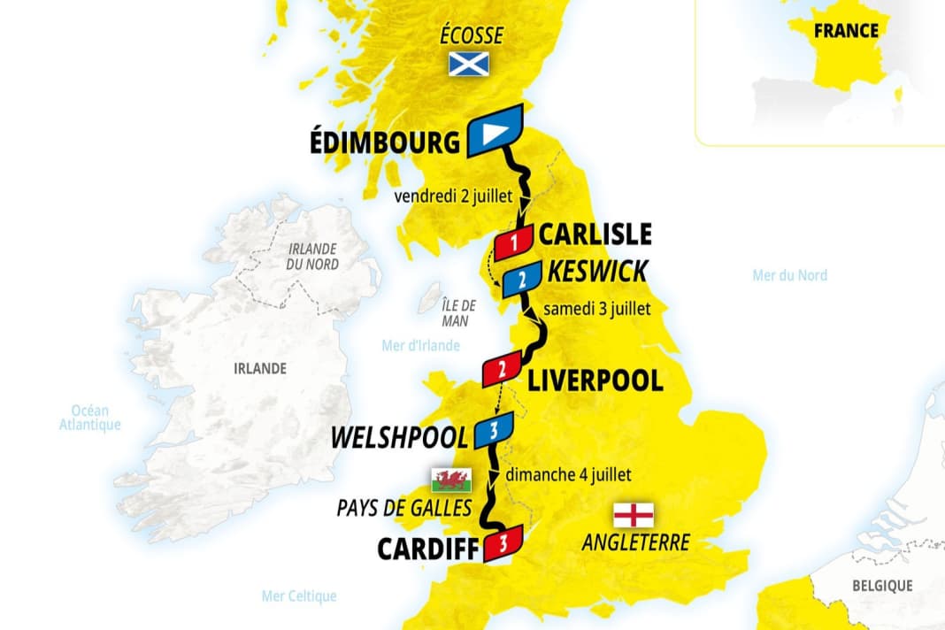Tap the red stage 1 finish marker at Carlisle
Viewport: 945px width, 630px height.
click(513, 242)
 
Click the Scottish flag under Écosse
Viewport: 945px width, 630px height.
click(469, 64)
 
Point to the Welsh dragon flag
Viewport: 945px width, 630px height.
click(451, 480)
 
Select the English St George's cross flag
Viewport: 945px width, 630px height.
click(634, 514)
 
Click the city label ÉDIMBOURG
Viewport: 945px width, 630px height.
click(385, 142)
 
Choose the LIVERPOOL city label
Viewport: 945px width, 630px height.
click(595, 380)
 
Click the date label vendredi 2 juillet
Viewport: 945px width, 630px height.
click(452, 196)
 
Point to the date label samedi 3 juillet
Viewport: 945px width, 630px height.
click(597, 310)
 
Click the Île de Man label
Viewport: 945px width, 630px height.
click(459, 313)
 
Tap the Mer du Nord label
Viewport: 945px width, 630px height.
click(789, 275)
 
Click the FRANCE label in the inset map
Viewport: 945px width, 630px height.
click(848, 30)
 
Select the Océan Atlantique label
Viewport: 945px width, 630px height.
click(89, 418)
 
